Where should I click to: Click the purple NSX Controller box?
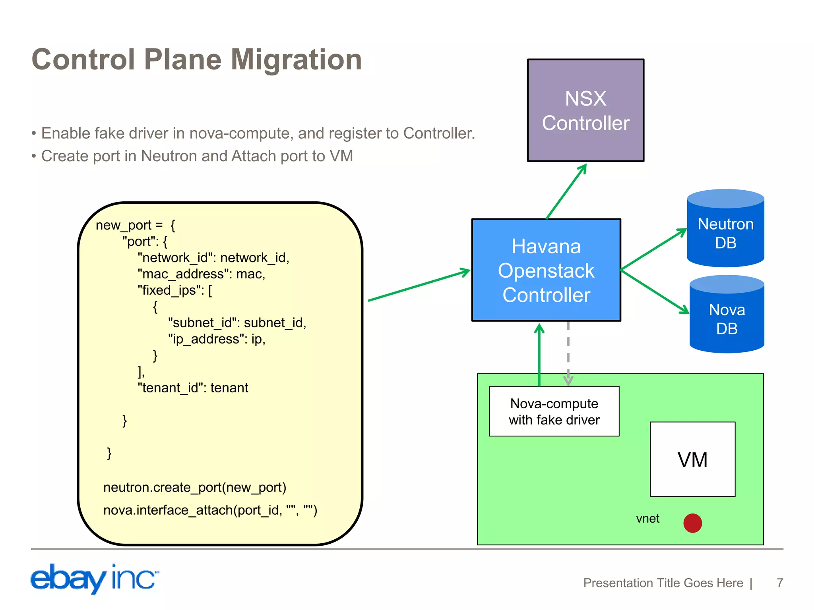(x=585, y=110)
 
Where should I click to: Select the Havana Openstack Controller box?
(x=546, y=270)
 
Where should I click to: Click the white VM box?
(x=692, y=459)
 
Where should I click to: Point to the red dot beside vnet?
(x=692, y=523)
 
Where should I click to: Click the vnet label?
(x=647, y=519)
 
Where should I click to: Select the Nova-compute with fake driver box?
(x=554, y=411)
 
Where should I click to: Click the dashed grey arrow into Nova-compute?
(x=568, y=353)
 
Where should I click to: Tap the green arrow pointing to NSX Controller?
(x=566, y=191)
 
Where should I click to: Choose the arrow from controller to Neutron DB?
(x=654, y=249)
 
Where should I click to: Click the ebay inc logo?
(x=95, y=578)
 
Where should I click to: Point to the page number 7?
(x=780, y=583)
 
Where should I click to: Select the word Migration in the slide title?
(x=296, y=60)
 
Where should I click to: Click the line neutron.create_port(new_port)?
(x=195, y=487)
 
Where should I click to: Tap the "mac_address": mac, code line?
(x=201, y=274)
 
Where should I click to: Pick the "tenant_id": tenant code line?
(x=193, y=388)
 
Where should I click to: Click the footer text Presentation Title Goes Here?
(x=663, y=583)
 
